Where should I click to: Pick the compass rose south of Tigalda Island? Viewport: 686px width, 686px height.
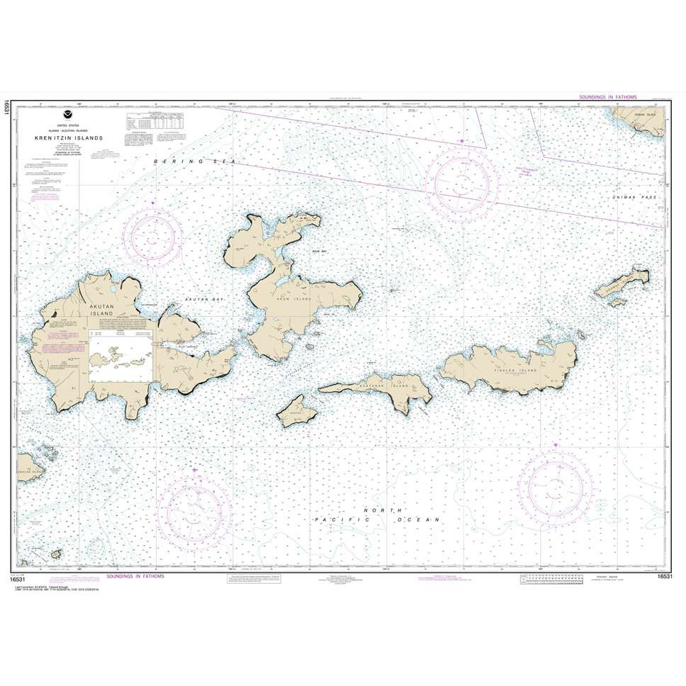554,488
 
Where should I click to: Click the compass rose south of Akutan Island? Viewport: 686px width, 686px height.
193,510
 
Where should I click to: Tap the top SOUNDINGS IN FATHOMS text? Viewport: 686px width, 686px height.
608,96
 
